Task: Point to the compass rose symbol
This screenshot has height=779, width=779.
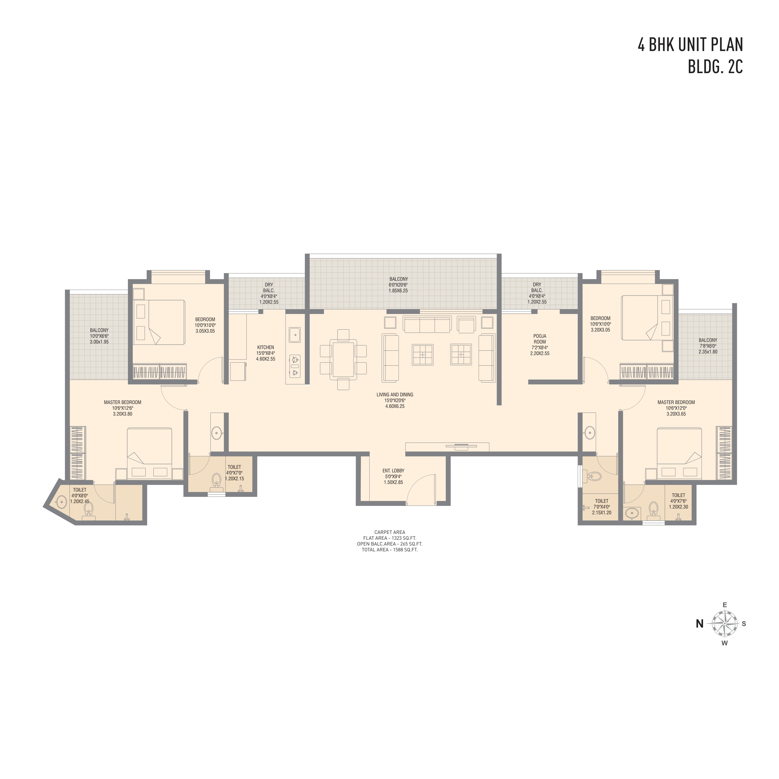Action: (x=724, y=623)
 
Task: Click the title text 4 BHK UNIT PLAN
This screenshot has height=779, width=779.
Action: (x=690, y=45)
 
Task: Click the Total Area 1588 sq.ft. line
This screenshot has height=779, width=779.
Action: (x=389, y=550)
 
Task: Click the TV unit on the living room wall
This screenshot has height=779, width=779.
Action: (x=447, y=447)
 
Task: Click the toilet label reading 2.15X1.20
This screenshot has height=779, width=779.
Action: (x=602, y=507)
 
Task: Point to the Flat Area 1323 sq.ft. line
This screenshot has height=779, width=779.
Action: (x=389, y=538)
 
